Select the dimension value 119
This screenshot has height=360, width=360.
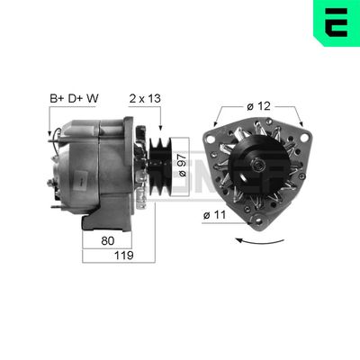(124, 256)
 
